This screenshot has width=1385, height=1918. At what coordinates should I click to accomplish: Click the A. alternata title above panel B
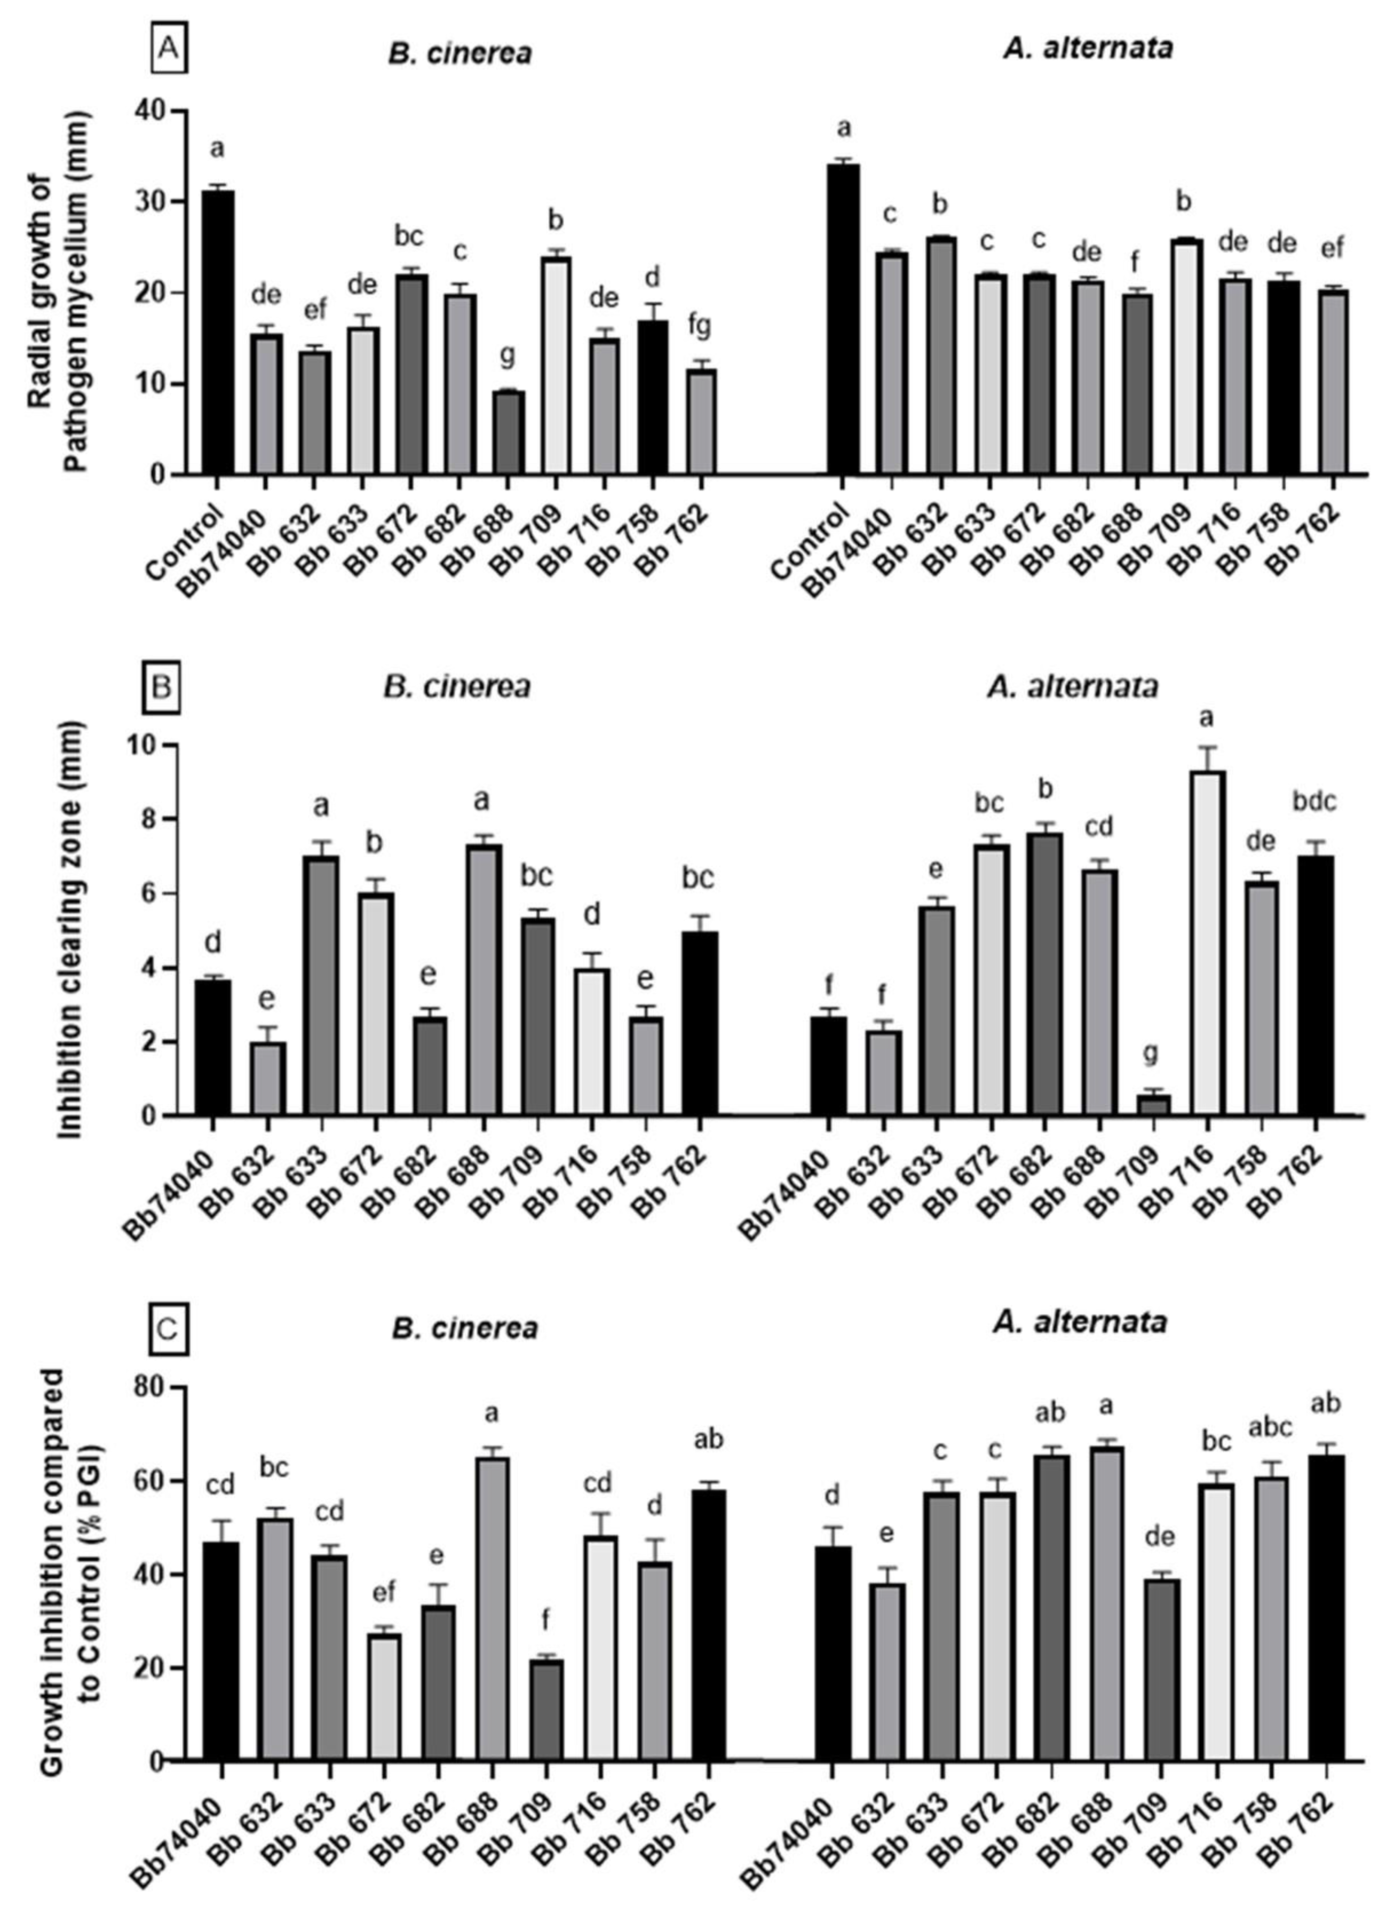pos(1072,687)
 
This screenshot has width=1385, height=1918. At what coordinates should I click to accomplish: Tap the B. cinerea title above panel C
pos(464,1327)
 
